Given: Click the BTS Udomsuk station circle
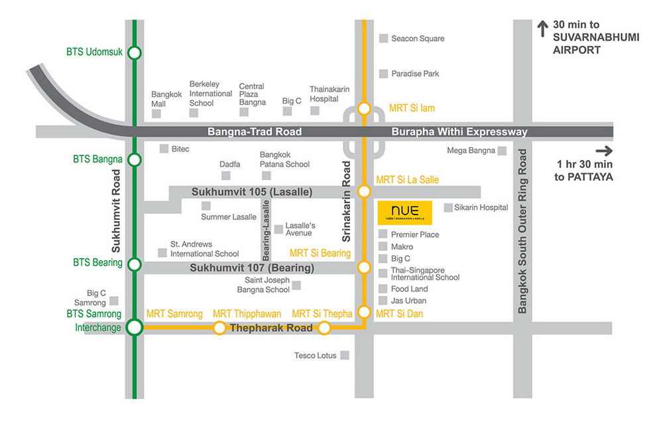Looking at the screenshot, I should (x=135, y=52).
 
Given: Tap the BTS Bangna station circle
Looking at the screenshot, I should (x=135, y=159).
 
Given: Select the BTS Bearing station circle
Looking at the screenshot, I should (x=135, y=264).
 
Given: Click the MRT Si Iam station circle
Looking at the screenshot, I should (x=364, y=108).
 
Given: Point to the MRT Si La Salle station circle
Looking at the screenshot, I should (x=364, y=191).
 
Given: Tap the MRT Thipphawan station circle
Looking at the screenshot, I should (x=219, y=327).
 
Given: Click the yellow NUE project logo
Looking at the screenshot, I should (x=404, y=212).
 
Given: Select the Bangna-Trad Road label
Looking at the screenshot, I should (x=255, y=132).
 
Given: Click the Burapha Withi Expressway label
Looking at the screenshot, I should (x=459, y=132).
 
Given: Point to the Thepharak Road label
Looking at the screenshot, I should (x=271, y=328).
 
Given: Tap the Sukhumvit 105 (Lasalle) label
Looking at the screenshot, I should (x=252, y=192).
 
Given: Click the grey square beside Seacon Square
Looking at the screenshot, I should (x=383, y=39).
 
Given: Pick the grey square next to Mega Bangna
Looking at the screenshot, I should (x=503, y=151).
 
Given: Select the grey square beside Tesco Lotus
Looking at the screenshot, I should (x=345, y=355).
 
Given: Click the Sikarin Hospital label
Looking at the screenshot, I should (x=481, y=208).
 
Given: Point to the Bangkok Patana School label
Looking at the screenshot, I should (x=284, y=159).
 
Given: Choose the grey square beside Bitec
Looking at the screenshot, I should (x=164, y=149).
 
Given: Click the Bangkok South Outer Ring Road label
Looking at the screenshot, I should (x=523, y=231).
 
